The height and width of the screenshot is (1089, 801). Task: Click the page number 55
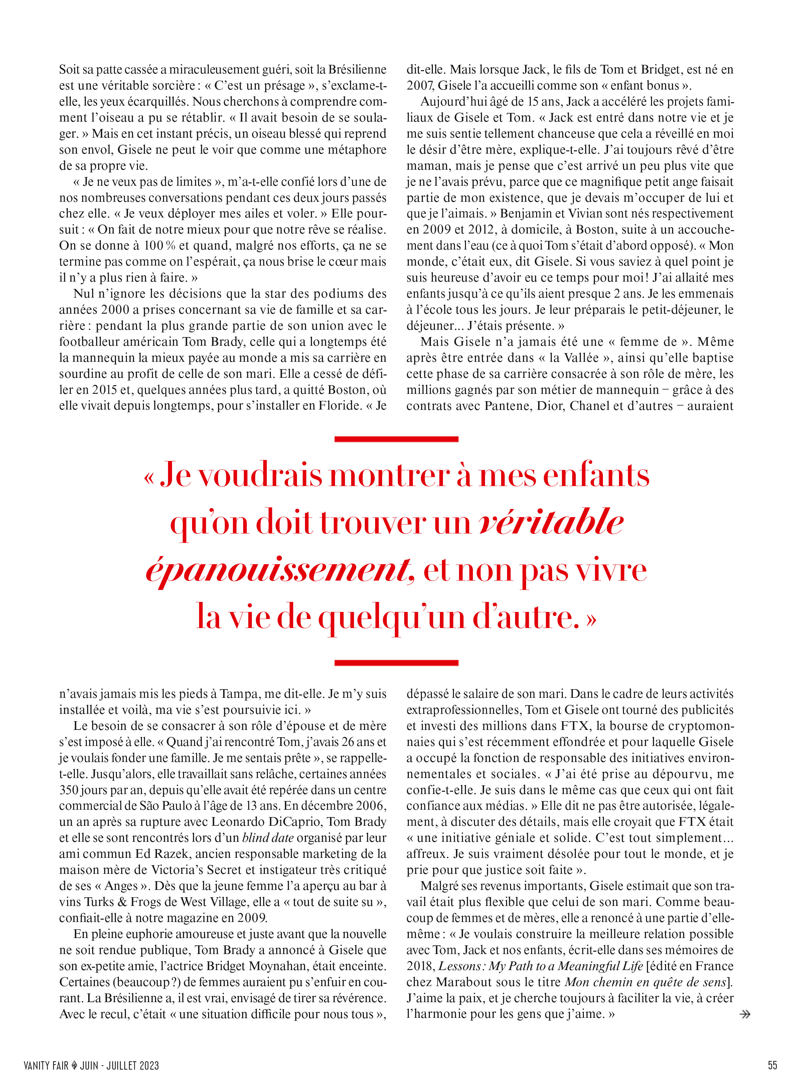[x=772, y=1065]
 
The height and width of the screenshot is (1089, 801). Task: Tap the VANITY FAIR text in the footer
[x=46, y=1065]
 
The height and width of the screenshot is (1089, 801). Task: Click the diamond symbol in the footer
[x=74, y=1065]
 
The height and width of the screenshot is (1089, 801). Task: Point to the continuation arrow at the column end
[x=745, y=1014]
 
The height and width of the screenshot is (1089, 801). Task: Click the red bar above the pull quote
[x=396, y=439]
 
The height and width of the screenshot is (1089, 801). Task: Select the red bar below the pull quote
[x=396, y=662]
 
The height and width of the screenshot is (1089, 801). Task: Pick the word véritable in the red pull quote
[x=551, y=523]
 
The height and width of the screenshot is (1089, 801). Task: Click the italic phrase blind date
[x=268, y=838]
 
